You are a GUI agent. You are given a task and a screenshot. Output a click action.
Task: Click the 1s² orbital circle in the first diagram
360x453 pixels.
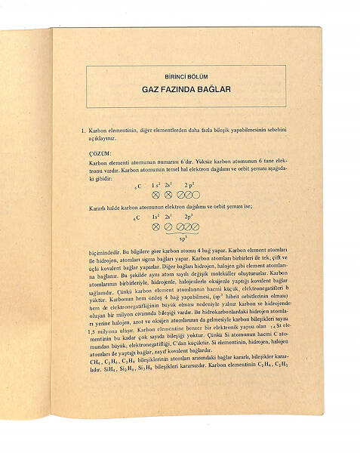point(156,195)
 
